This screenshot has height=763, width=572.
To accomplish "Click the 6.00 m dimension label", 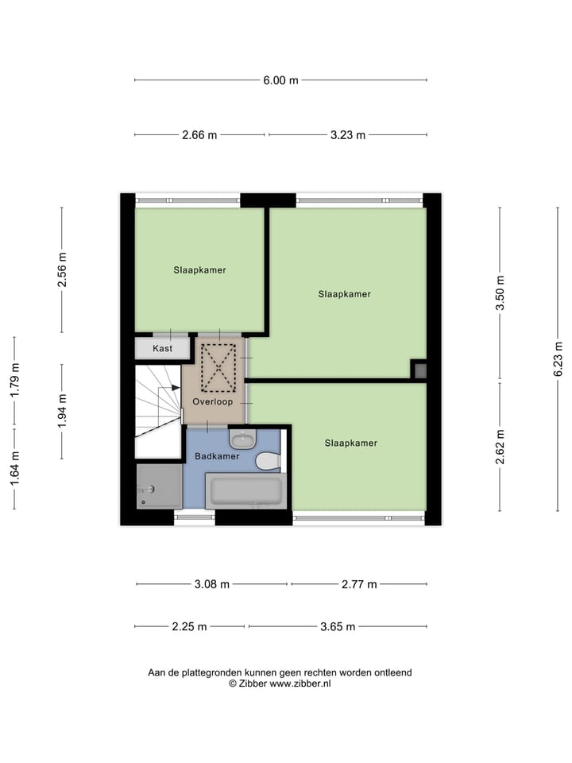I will [281, 79].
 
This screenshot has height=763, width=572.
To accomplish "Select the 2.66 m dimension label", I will [199, 135].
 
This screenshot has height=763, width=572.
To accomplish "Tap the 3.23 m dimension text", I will [348, 135].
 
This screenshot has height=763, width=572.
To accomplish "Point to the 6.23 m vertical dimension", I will [558, 358].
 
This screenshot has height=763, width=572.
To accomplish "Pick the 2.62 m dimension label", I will [500, 446].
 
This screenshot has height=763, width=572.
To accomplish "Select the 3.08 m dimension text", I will [212, 584].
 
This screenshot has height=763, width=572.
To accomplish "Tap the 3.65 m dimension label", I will [338, 626].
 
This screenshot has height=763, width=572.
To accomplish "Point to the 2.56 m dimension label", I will [62, 270].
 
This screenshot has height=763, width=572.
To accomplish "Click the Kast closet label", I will [162, 348].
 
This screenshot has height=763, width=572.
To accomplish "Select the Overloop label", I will [212, 402].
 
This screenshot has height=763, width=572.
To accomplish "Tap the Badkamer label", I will [217, 456].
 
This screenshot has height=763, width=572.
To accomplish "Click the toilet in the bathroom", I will [268, 461].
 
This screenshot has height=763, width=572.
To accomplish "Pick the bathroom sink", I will [242, 439].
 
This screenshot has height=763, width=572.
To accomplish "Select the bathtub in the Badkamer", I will [245, 490].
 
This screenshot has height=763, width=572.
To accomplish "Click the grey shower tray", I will [159, 486].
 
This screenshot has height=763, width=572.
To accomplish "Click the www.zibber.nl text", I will [300, 684].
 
